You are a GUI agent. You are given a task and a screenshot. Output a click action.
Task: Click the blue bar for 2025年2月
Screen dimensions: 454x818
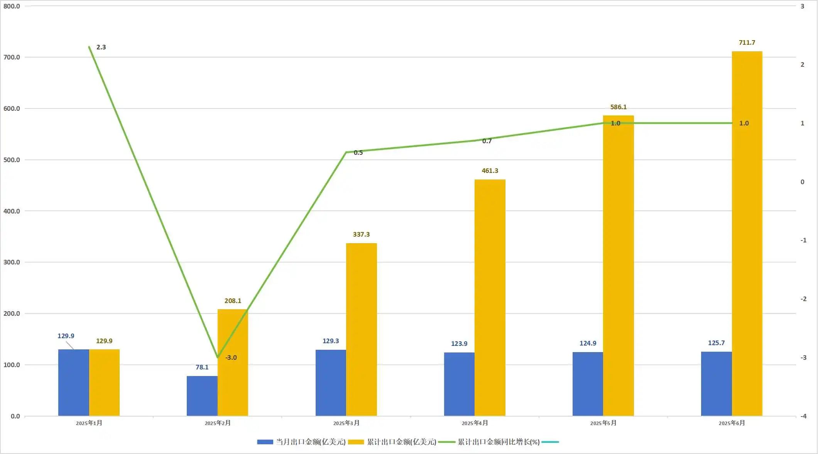pyautogui.click(x=202, y=396)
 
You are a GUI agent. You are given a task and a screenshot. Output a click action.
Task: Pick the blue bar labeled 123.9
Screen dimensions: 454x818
pyautogui.click(x=459, y=384)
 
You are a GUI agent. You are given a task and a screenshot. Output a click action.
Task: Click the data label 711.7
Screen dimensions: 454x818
pyautogui.click(x=747, y=42)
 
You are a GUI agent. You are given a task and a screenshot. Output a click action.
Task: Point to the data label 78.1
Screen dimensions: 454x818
pyautogui.click(x=202, y=367)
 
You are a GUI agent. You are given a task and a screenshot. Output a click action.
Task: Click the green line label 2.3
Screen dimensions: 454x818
pyautogui.click(x=101, y=47)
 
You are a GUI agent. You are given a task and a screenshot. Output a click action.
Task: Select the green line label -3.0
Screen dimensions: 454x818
pyautogui.click(x=231, y=357)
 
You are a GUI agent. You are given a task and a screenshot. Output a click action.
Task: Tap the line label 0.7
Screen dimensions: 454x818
pyautogui.click(x=487, y=141)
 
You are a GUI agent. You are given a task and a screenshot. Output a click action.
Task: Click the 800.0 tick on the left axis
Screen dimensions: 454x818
pyautogui.click(x=12, y=6)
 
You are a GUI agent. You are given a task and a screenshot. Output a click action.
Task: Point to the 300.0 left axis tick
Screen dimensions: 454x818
pyautogui.click(x=12, y=262)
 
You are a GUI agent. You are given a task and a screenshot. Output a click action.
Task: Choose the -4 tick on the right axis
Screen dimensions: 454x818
pyautogui.click(x=803, y=416)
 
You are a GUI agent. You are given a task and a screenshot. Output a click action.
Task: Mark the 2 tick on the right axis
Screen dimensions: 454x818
pyautogui.click(x=803, y=64)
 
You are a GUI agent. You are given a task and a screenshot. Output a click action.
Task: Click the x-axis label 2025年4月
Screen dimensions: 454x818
pyautogui.click(x=475, y=423)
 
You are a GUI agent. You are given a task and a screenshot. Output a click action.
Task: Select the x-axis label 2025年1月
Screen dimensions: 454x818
pyautogui.click(x=89, y=423)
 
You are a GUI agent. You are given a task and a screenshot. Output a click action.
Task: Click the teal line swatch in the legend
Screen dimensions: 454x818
pyautogui.click(x=550, y=442)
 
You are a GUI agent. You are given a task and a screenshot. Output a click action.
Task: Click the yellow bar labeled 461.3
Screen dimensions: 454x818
pyautogui.click(x=490, y=297)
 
